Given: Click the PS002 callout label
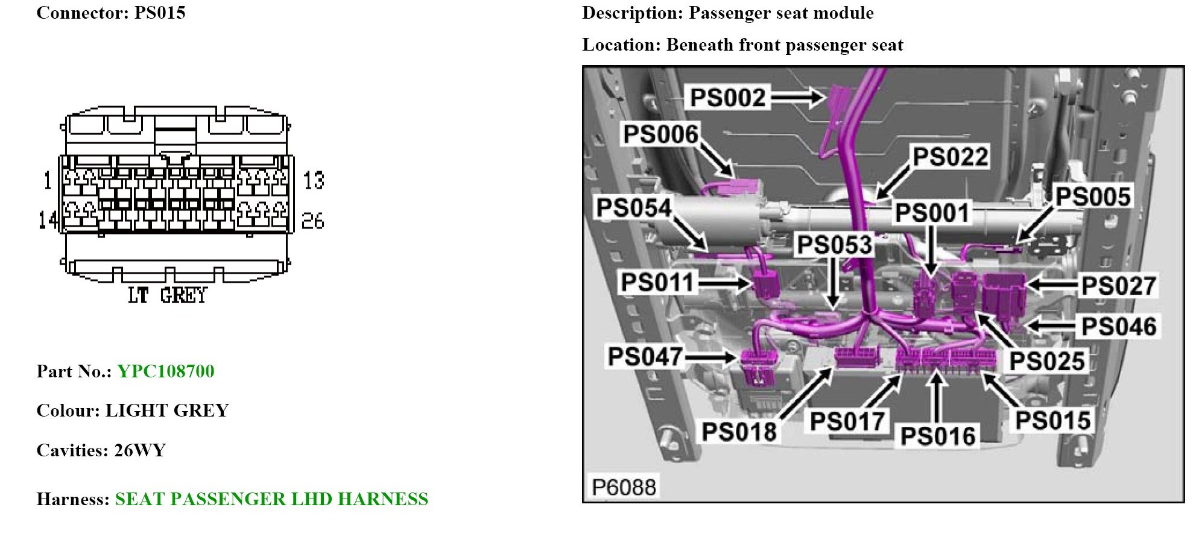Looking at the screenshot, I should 727,98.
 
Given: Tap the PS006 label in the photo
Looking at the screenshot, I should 660,134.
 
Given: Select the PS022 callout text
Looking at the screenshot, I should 951,157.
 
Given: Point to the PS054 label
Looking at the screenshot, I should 634,208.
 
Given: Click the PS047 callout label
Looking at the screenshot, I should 645,356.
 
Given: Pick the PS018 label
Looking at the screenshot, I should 739,432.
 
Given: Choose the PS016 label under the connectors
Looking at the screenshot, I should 938,436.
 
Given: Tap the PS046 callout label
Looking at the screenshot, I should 1119,327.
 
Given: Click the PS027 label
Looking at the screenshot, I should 1119,286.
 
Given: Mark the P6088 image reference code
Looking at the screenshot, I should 624,486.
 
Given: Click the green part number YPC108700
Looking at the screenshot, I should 166,371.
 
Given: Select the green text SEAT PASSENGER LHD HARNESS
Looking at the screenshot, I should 271,499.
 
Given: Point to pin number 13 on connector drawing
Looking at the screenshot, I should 314,180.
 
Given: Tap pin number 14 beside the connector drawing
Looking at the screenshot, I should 48,220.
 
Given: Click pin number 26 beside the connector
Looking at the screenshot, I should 313,221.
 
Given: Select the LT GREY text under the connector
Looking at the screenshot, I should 167,295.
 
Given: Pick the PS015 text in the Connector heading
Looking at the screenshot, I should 160,13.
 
